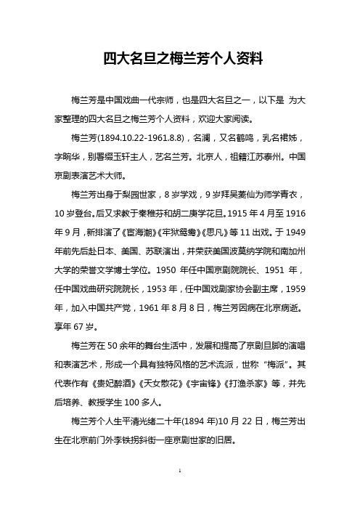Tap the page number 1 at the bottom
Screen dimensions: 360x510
click(179, 492)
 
